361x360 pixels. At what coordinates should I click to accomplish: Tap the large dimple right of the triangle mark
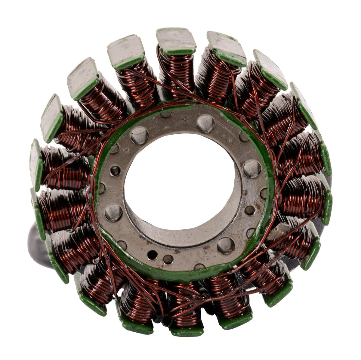coord(206,124)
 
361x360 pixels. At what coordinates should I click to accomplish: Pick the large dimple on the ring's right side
coord(252,169)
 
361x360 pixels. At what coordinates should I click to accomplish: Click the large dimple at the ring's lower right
coord(226,245)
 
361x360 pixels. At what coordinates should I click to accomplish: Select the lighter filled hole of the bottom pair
coord(168,259)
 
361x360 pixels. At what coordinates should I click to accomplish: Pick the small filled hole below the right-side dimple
coord(250,209)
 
